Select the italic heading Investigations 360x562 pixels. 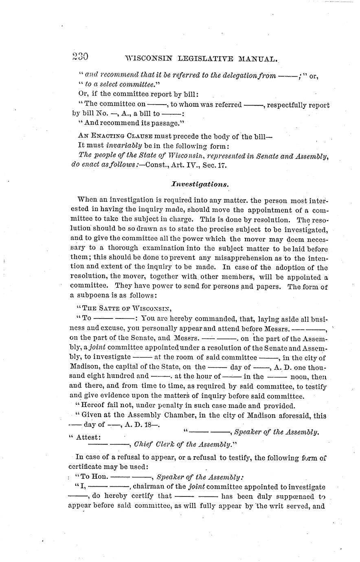(200, 184)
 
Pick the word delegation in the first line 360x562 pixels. (230, 75)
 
